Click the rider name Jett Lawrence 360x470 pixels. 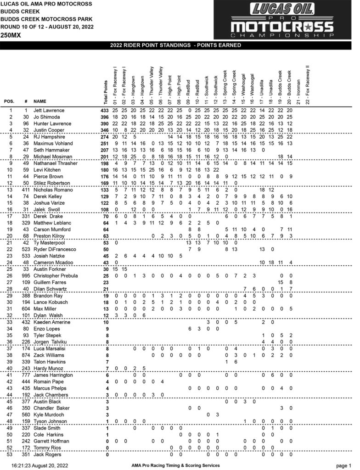[x=49, y=111]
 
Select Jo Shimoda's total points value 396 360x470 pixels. [x=106, y=117]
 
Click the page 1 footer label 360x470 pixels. [x=343, y=465]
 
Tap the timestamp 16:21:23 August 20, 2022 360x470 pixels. [x=39, y=465]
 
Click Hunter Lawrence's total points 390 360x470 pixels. [x=106, y=124]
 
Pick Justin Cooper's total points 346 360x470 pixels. [x=106, y=130]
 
